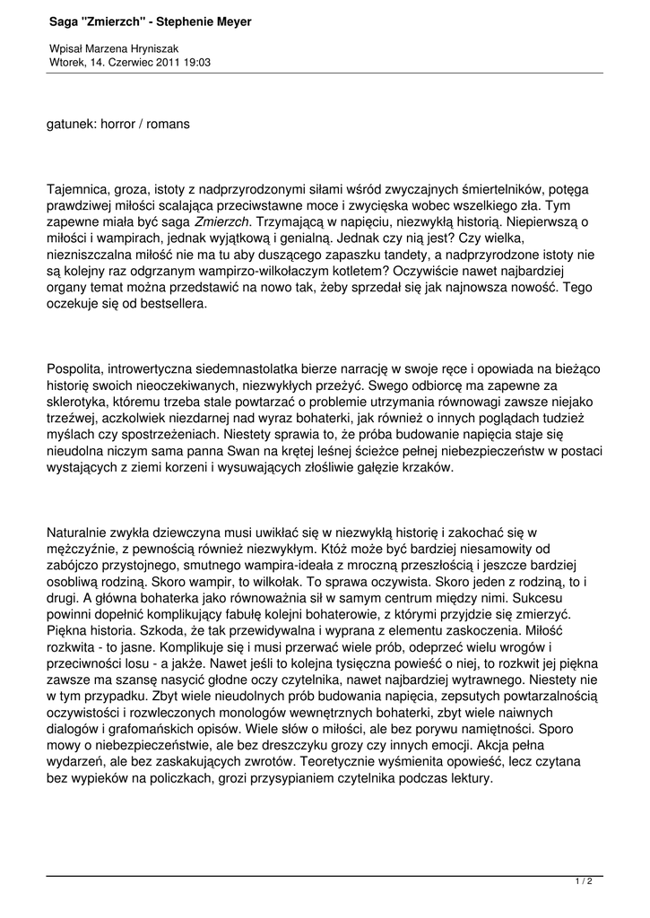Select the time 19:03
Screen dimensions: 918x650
click(197, 62)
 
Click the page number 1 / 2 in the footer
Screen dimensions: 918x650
click(584, 881)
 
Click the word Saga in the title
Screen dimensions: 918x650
click(65, 21)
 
